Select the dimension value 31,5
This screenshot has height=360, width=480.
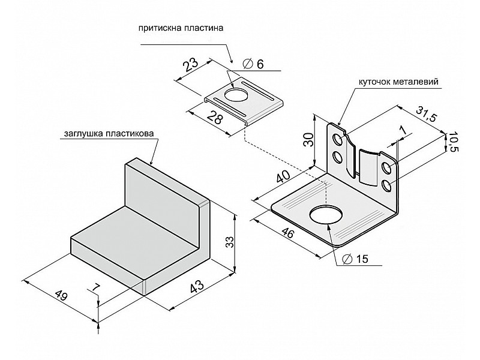coord(426,114)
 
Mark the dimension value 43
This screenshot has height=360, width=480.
coord(196,287)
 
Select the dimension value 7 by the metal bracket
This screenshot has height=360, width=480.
coord(403,131)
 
